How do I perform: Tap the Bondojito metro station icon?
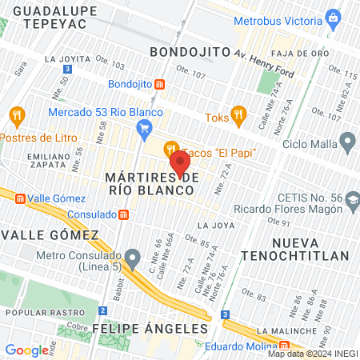pyautogui.click(x=160, y=84)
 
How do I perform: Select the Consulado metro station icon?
pyautogui.click(x=123, y=214)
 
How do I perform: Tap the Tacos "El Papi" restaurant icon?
pyautogui.click(x=171, y=148)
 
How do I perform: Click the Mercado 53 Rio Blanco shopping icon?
pyautogui.click(x=144, y=127)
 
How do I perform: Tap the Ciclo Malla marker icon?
pyautogui.click(x=346, y=144)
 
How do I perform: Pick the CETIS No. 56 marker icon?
pyautogui.click(x=346, y=196)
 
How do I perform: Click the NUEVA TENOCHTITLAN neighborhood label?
pyautogui.click(x=310, y=249)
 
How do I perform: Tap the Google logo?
pyautogui.click(x=26, y=350)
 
